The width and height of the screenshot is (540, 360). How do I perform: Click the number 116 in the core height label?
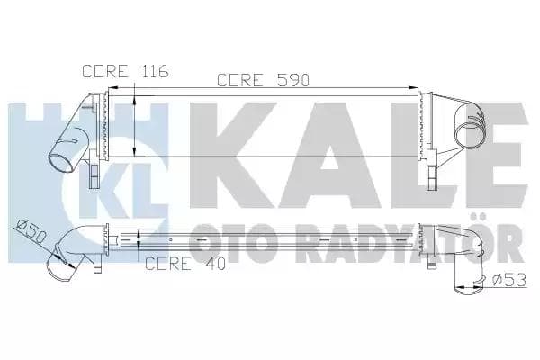tap(152, 70)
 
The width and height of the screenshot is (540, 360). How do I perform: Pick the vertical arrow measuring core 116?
tap(135, 126)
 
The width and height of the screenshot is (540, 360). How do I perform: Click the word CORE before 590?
tap(239, 80)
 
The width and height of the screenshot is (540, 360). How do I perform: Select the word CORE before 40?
tap(168, 264)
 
